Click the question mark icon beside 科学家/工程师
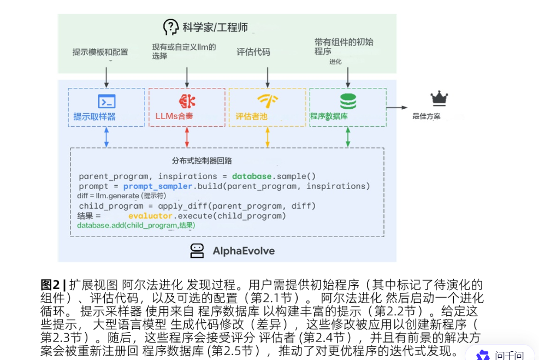pos(171,27)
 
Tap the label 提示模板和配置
pos(100,52)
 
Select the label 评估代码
pos(253,52)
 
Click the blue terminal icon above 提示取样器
pos(106,101)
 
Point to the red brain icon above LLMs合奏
pos(187,101)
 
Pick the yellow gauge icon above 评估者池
pos(268,101)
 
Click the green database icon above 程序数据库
pos(348,101)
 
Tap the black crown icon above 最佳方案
pos(439,98)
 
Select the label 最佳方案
pos(427,116)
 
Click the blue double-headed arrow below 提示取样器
pos(106,137)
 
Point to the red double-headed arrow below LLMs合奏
pos(187,137)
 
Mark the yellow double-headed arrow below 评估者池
pos(268,137)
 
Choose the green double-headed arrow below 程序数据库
pos(348,137)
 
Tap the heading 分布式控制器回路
pos(202,161)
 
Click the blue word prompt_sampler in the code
pos(157,186)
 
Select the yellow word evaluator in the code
pos(150,216)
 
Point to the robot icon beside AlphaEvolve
pos(197,251)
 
